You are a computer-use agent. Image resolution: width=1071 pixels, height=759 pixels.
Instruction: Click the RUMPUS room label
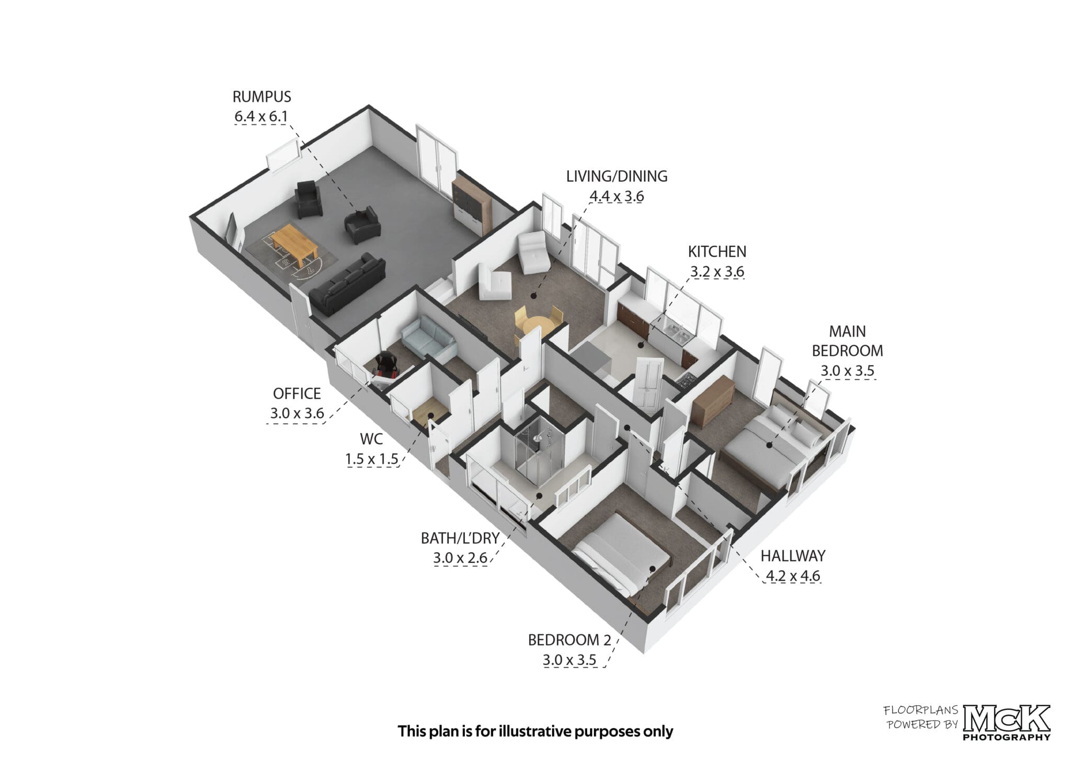coord(261,97)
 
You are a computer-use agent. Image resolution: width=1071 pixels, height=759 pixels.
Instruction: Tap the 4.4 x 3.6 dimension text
coord(617,196)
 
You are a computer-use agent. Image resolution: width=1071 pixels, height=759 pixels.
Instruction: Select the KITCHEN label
coord(717,252)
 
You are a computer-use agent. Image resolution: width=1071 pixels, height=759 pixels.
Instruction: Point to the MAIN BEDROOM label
coord(847,341)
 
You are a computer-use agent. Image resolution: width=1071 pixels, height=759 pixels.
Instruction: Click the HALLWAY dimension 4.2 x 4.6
coord(793,576)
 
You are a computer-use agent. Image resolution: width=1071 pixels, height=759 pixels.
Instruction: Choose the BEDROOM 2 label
coord(569,640)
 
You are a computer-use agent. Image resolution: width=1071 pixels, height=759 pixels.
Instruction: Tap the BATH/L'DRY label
coord(460,538)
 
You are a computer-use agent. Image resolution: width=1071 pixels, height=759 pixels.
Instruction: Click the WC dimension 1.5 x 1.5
coord(372,459)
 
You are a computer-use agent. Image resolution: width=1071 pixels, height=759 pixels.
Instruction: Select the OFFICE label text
coord(297,393)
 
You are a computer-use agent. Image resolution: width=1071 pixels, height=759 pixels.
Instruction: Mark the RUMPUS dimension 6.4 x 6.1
coord(261,116)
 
